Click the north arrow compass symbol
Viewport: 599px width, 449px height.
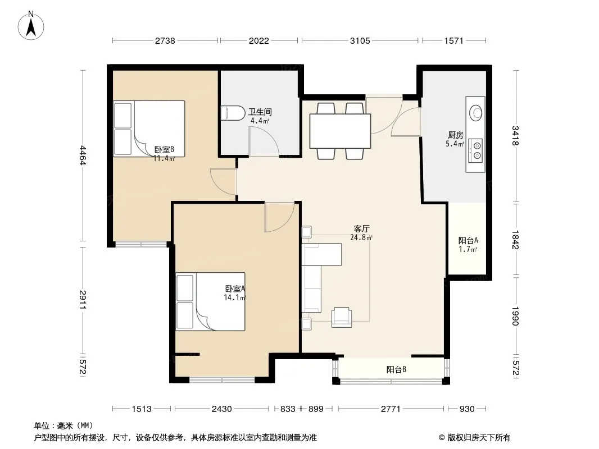coord(31,25)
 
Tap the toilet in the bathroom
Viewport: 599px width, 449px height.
coord(233,113)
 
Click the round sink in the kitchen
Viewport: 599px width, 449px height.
coord(475,113)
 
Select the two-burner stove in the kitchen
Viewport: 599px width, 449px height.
coord(475,150)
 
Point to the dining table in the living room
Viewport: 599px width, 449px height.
coord(340,131)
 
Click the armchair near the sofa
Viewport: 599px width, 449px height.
coord(342,317)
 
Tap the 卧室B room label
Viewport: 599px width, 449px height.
coord(164,149)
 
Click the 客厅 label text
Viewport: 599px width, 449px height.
coord(361,228)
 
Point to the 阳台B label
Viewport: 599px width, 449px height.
coord(396,369)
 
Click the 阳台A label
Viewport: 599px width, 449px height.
coord(468,240)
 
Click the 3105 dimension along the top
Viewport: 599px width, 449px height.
coord(360,40)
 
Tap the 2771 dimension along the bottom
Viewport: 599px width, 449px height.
coord(391,409)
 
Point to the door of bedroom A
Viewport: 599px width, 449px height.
coord(279,217)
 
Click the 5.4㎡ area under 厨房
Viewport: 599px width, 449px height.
coord(455,144)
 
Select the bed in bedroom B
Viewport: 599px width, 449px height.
coord(149,129)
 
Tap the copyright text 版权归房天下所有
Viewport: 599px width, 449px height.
coord(479,438)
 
